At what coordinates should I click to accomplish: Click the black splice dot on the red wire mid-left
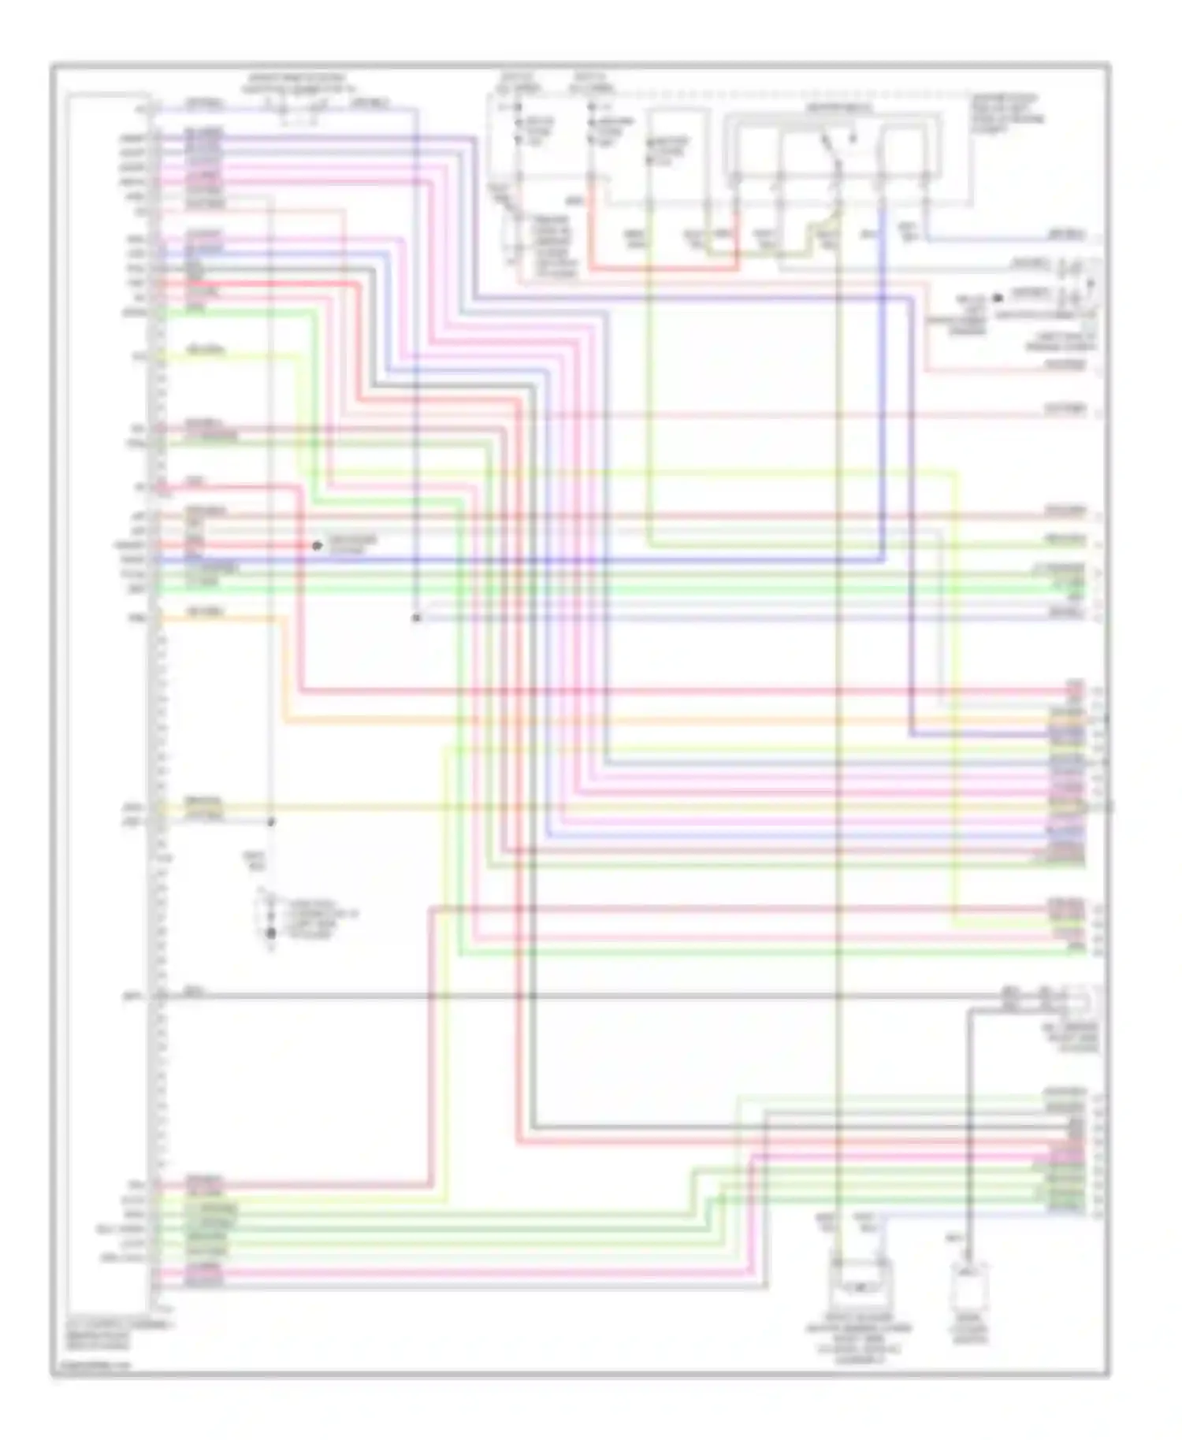click(x=317, y=545)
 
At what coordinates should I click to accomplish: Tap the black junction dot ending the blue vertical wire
click(x=416, y=618)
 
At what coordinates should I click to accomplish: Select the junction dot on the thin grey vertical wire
click(x=271, y=822)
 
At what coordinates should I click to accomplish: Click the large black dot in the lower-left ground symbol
click(x=271, y=933)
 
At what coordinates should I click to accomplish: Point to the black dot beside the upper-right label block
click(x=998, y=298)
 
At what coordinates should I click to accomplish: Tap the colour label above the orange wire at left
click(x=204, y=611)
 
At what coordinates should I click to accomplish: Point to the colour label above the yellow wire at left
click(x=204, y=349)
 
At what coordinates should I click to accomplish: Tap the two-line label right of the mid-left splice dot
click(x=352, y=544)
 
